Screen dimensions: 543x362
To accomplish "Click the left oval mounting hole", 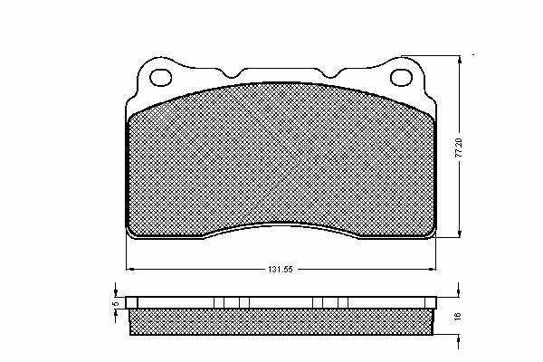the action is click(161, 77).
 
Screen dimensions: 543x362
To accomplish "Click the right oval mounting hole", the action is click(401, 77).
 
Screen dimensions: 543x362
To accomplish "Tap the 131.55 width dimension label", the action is click(281, 269).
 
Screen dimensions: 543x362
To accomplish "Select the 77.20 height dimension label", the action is click(459, 148).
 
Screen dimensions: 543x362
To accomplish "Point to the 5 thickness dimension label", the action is click(116, 303).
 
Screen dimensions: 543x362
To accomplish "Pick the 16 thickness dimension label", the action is click(457, 316).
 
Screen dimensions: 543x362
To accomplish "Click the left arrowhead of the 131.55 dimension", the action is click(129, 269).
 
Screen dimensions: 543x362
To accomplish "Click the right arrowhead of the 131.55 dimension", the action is click(433, 269).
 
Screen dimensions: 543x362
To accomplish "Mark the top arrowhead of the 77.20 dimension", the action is click(460, 61).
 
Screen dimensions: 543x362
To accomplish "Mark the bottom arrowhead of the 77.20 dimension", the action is click(460, 233).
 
